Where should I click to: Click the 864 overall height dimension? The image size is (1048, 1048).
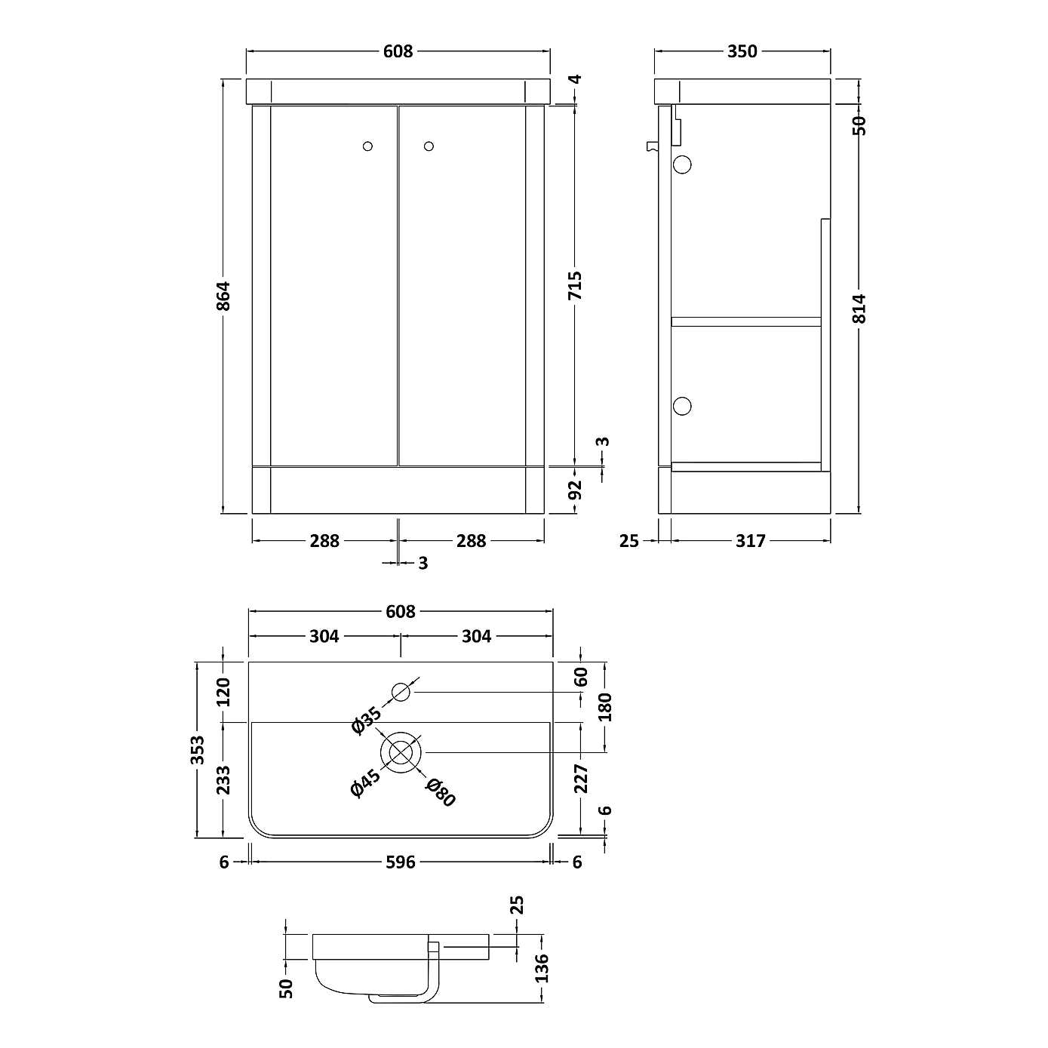(x=223, y=296)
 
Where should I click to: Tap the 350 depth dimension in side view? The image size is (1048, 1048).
(x=742, y=51)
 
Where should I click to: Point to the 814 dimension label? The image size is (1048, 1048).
(x=860, y=308)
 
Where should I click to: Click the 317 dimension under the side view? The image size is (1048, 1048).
(x=750, y=541)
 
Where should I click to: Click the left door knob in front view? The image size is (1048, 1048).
(x=367, y=146)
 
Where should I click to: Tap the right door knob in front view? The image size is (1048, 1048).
(x=429, y=146)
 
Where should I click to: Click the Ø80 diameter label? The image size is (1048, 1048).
(x=441, y=793)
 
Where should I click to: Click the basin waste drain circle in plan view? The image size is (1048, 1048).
(x=401, y=752)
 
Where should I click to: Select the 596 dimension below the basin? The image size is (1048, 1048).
(x=401, y=862)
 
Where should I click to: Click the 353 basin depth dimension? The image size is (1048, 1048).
(x=198, y=749)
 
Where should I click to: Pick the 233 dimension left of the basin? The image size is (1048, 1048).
(x=223, y=779)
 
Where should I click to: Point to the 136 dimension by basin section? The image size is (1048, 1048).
(x=541, y=968)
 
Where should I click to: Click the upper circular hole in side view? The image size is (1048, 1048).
(x=682, y=164)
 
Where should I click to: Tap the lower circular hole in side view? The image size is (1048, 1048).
(x=681, y=406)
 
